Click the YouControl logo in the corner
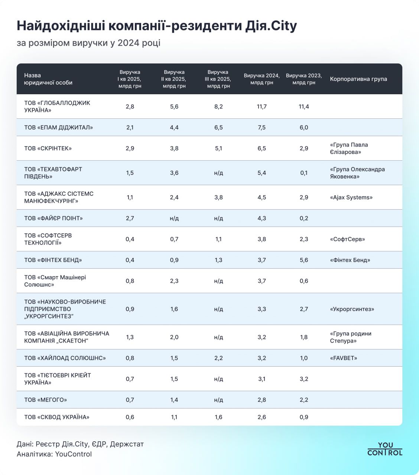tap(384, 449)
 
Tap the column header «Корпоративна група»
tap(358, 79)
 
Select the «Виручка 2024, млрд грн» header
tap(262, 79)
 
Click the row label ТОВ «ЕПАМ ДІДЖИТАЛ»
tap(58, 127)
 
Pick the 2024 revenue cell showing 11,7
tap(262, 107)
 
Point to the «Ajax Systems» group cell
tap(351, 197)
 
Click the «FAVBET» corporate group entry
tap(343, 358)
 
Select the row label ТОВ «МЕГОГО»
tap(45, 400)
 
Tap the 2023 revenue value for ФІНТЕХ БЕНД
tap(303, 260)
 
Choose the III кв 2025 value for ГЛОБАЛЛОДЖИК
tap(218, 107)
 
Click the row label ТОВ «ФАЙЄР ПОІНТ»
tap(53, 218)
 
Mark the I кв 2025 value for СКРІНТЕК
tap(130, 148)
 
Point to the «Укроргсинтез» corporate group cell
tap(352, 309)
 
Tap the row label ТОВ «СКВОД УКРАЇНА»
tap(57, 417)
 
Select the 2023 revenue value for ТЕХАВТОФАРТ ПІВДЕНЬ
tap(303, 173)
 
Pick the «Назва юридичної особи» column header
tap(48, 79)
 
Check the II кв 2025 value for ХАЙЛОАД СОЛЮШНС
tap(174, 358)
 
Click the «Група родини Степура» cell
tap(350, 337)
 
